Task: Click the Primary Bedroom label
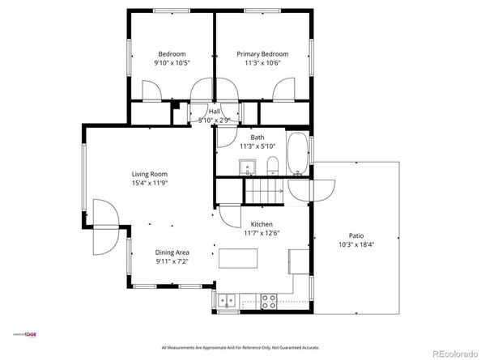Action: [262, 54]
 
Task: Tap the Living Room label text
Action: [149, 174]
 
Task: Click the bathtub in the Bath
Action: [297, 154]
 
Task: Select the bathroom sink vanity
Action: [248, 167]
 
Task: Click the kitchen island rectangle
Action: [238, 258]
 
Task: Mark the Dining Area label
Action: [172, 252]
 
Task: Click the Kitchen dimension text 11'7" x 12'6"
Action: [261, 233]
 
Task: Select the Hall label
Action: [215, 112]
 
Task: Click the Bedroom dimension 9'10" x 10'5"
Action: [172, 63]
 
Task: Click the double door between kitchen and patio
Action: [311, 188]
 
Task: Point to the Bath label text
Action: [257, 138]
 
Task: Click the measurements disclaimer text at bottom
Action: [240, 348]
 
